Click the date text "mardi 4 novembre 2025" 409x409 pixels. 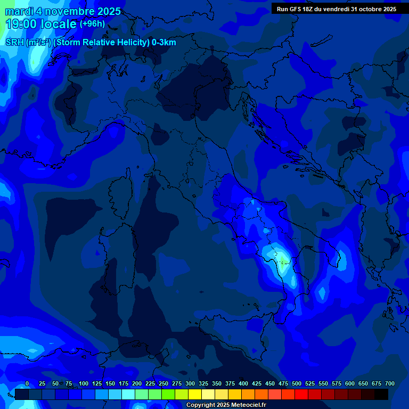point(63,11)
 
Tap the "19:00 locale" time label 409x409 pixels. point(42,24)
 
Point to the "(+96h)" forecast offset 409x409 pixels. point(92,24)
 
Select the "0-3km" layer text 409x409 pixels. point(164,43)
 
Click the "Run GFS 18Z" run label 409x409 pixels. point(295,9)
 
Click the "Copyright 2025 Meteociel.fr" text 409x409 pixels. point(226,405)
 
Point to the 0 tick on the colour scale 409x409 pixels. point(27,384)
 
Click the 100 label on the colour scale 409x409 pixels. point(84,384)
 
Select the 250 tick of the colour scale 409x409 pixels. point(163,384)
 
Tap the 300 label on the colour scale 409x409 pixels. point(190,384)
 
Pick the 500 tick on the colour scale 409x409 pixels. point(297,384)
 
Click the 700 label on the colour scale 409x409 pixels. point(390,384)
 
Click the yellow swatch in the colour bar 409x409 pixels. point(195,395)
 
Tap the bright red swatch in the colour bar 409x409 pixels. point(302,395)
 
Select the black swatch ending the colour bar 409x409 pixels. point(381,395)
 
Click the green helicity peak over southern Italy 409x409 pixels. point(281,260)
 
